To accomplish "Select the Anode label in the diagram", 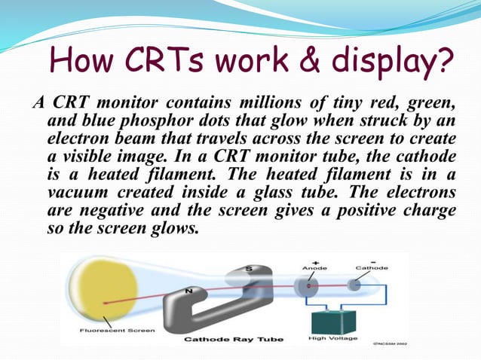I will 314,267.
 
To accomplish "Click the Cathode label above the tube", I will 371,267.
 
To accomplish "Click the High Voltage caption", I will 334,339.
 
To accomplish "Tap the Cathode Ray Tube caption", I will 234,340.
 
